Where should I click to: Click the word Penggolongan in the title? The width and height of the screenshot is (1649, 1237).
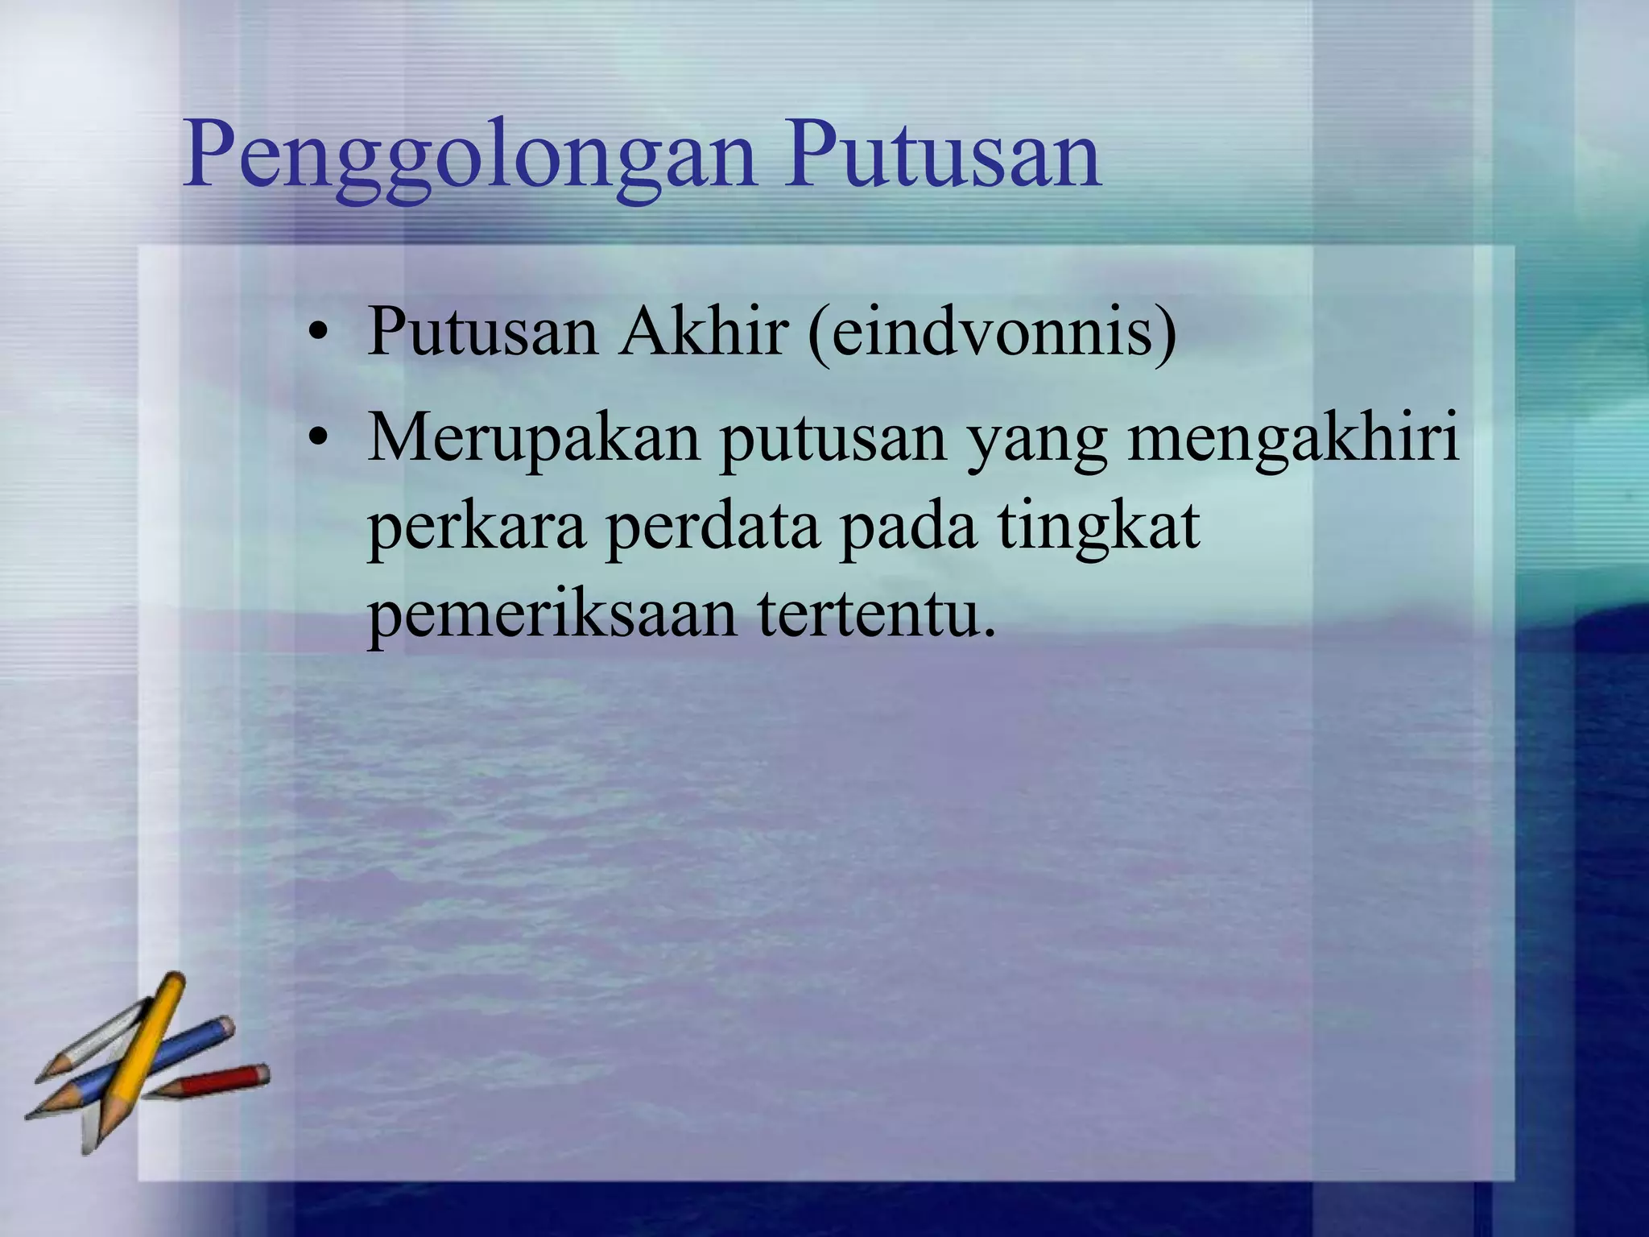click(x=470, y=157)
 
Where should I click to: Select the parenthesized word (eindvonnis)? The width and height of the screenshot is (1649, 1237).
click(x=992, y=333)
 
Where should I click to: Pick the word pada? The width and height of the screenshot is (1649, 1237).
click(x=907, y=530)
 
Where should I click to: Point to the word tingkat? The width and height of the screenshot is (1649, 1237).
click(x=1098, y=530)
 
